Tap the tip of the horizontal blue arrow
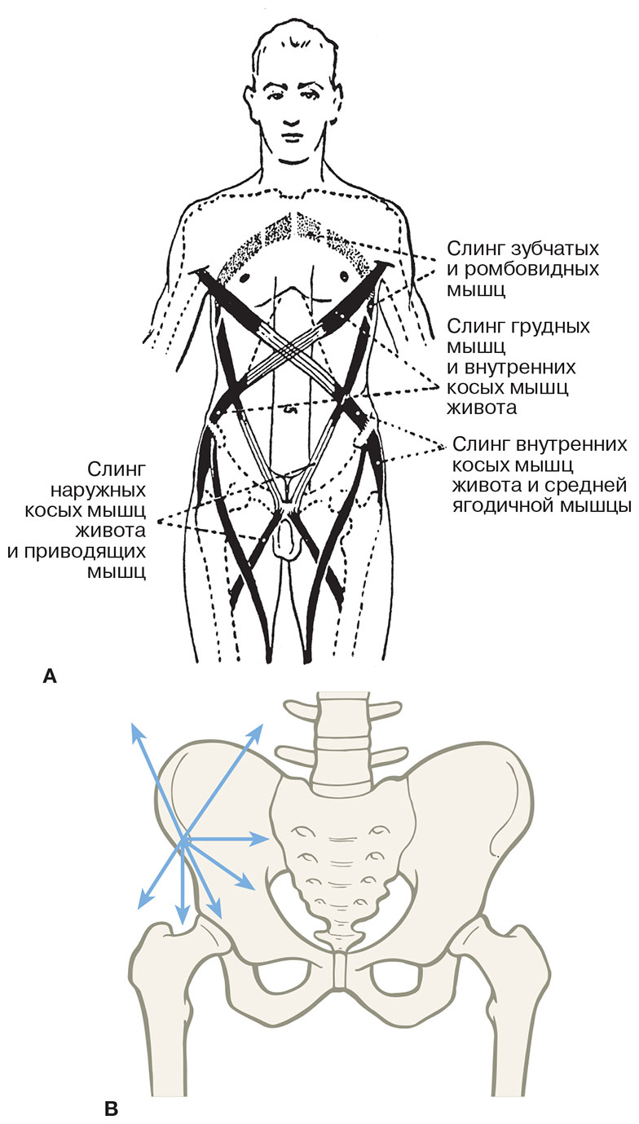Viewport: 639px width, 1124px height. [x=270, y=838]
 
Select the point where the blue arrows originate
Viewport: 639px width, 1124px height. [x=184, y=840]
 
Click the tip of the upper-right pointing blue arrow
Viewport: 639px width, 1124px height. [x=264, y=722]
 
